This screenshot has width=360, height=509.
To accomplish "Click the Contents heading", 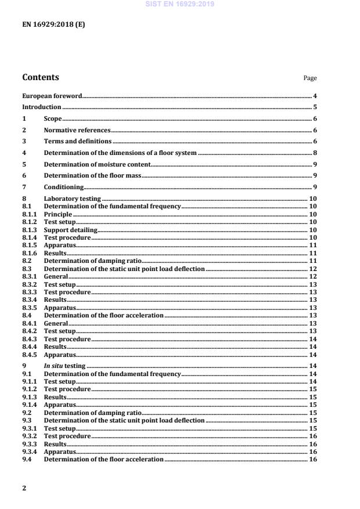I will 40,77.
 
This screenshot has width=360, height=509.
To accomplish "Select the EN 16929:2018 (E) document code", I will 53,25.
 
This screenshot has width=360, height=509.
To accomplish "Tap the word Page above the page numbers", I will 310,78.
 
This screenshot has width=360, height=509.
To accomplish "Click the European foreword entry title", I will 52,96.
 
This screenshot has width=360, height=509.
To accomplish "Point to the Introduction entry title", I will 41,107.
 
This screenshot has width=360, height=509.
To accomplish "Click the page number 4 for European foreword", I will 314,96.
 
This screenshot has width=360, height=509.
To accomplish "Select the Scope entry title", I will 53,119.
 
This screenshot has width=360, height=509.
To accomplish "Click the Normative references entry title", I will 77,131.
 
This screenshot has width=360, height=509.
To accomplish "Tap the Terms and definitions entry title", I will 78,142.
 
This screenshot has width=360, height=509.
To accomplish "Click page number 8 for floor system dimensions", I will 314,153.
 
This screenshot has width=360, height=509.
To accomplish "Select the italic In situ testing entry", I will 64,366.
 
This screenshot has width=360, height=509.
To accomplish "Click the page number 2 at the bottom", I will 24,488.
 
